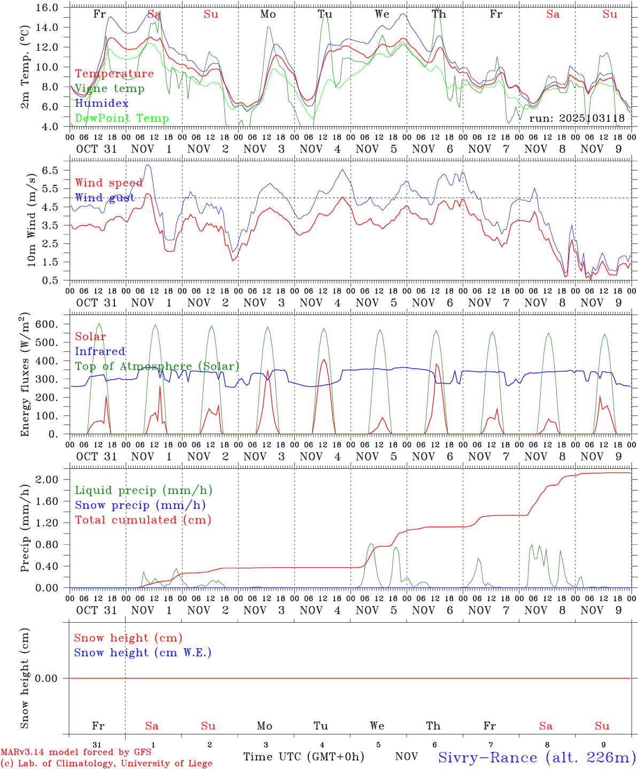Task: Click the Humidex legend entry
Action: click(102, 104)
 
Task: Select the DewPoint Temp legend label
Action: click(122, 119)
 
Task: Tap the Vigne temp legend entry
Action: click(110, 89)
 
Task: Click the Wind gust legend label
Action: click(105, 198)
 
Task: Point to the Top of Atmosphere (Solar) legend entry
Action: click(157, 366)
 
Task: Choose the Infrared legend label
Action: click(100, 351)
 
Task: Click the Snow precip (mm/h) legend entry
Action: click(140, 505)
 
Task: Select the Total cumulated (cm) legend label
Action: click(143, 520)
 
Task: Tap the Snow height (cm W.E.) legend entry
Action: click(143, 653)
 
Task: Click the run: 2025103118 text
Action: click(577, 119)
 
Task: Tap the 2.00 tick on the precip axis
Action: click(48, 480)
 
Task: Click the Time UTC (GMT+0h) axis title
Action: click(304, 757)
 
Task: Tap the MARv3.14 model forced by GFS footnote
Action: click(75, 752)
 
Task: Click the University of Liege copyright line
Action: click(106, 764)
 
